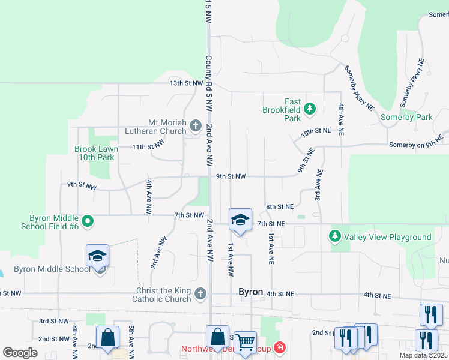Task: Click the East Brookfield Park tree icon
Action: click(310, 109)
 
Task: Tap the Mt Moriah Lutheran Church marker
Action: click(195, 125)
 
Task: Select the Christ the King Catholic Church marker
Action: click(200, 293)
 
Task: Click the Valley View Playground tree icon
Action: click(336, 236)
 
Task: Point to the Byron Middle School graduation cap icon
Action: click(97, 256)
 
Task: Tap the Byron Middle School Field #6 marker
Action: click(88, 221)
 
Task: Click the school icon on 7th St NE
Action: click(240, 220)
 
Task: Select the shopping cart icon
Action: click(245, 343)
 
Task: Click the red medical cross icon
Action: click(279, 347)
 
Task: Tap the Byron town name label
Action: click(251, 292)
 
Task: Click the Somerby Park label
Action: click(406, 118)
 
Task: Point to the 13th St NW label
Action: click(186, 83)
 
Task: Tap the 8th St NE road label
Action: click(279, 206)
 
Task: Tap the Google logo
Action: click(20, 353)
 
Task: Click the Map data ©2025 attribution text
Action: click(423, 355)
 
